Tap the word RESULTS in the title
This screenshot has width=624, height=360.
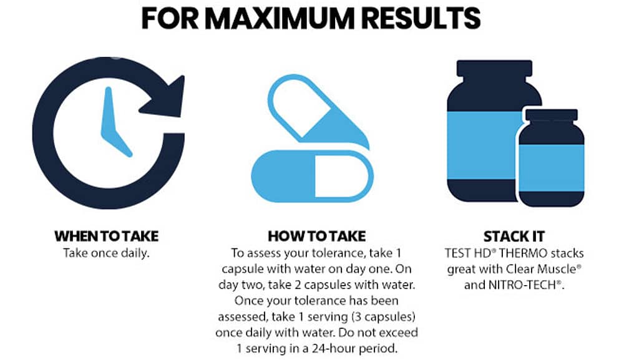[x=422, y=18]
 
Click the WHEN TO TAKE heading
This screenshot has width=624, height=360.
[x=107, y=236]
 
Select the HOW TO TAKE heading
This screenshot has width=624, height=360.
[x=317, y=236]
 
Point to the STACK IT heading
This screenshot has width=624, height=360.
[x=514, y=236]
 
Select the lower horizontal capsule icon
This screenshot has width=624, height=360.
[x=313, y=175]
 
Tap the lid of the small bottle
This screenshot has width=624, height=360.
[x=552, y=114]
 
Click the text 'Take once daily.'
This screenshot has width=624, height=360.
[x=106, y=253]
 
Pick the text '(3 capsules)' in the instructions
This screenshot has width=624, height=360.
[x=383, y=317]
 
